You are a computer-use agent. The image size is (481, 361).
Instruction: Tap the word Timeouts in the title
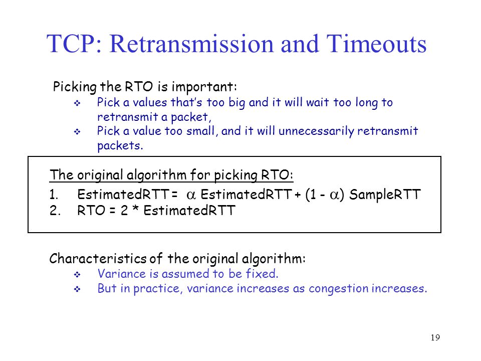[x=376, y=44]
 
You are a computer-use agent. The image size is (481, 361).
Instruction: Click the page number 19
[x=435, y=337]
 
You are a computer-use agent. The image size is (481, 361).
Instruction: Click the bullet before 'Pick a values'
[x=77, y=103]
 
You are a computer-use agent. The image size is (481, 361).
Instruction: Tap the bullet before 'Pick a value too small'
[x=77, y=132]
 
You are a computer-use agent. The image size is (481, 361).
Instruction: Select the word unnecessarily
[x=316, y=131]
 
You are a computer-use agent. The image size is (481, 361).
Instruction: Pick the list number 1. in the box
[x=54, y=195]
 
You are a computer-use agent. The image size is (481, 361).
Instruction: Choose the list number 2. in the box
[x=55, y=211]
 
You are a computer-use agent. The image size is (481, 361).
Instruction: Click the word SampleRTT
[x=385, y=195]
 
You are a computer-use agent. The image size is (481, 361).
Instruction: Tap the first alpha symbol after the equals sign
[x=191, y=195]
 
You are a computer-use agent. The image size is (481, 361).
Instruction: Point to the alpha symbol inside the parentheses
[x=334, y=195]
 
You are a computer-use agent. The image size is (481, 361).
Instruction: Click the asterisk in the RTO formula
[x=136, y=210]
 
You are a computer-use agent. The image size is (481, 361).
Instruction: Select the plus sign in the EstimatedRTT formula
[x=297, y=195]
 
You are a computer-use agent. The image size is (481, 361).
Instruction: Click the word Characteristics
[x=98, y=259]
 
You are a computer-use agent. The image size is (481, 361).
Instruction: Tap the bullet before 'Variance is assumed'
[x=77, y=274]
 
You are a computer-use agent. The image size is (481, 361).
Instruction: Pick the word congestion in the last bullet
[x=338, y=289]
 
